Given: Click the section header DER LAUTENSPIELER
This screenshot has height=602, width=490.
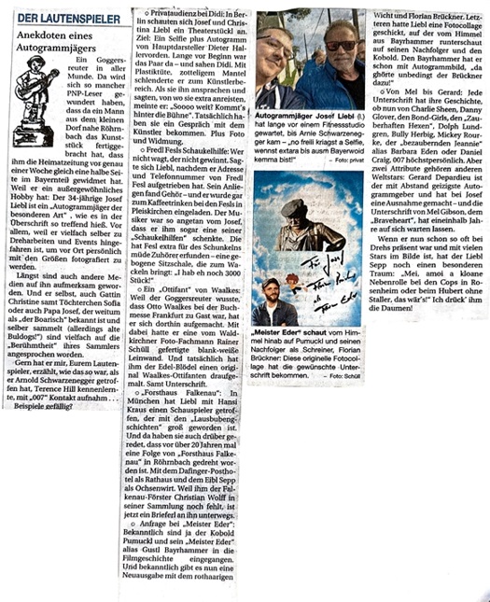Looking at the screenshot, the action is point(63,18).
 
